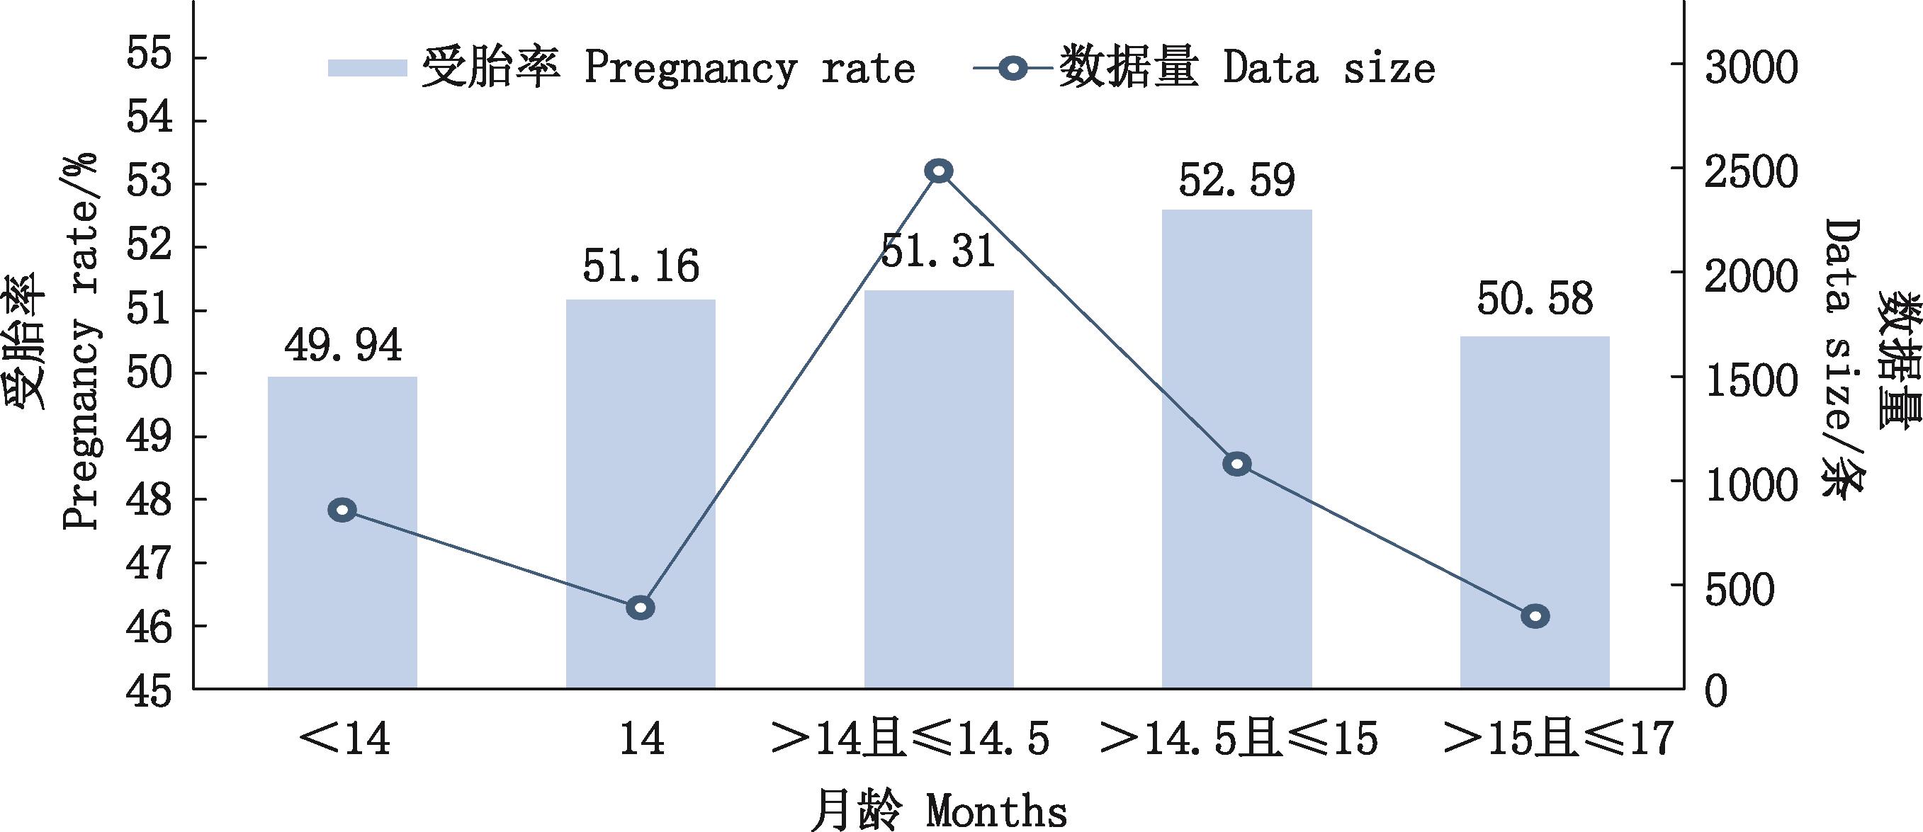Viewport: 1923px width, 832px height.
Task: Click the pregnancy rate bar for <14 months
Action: click(342, 532)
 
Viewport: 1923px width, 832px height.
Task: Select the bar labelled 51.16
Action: click(641, 494)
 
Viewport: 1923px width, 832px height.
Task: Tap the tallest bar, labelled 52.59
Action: click(1237, 448)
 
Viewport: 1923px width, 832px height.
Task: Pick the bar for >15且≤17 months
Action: click(1535, 512)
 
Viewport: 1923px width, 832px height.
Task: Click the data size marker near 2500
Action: click(938, 171)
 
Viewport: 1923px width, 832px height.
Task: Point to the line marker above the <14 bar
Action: click(342, 511)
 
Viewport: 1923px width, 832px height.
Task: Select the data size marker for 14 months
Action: click(641, 608)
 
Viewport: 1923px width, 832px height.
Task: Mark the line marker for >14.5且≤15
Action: click(1237, 464)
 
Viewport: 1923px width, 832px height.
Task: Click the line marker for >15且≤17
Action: click(1535, 616)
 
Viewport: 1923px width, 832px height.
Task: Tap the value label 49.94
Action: click(343, 346)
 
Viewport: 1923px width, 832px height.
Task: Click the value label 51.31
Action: click(938, 251)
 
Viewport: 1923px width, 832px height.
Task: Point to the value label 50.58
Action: click(1535, 300)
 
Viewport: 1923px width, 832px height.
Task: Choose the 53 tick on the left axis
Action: click(150, 183)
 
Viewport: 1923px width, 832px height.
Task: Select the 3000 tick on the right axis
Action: click(1751, 67)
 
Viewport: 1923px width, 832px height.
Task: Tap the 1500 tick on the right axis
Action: click(1751, 380)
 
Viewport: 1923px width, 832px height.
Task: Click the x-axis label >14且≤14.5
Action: click(910, 739)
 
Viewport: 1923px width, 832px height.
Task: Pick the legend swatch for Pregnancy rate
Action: click(367, 68)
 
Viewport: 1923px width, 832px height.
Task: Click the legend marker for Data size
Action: click(1013, 69)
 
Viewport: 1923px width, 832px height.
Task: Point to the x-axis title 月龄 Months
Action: click(938, 809)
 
